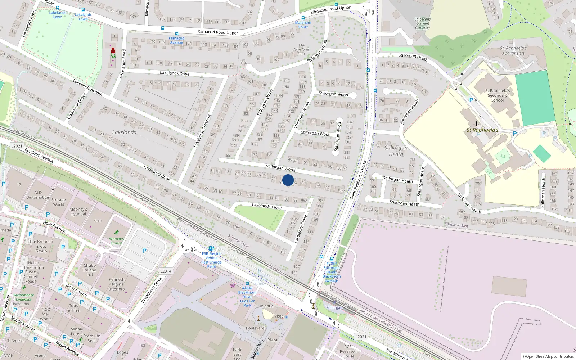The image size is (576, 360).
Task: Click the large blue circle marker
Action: point(288,180)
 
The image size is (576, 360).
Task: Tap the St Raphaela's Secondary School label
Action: point(497,95)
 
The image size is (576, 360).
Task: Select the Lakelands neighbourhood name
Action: point(124,132)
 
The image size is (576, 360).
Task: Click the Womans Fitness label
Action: point(116,241)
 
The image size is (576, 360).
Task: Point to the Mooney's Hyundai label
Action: point(78,211)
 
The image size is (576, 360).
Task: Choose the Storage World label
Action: point(58,202)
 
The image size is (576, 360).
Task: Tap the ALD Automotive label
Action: point(38,195)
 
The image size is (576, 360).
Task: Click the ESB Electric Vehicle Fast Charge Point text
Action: point(212,260)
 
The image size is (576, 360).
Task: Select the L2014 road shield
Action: point(166,271)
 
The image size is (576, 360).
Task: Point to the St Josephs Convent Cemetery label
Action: point(422,23)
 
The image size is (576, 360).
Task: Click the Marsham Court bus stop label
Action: point(303,24)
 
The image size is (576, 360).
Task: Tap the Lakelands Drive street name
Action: point(175,73)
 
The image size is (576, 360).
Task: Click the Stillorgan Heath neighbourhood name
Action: point(396,150)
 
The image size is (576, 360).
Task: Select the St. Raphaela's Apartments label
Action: point(513,50)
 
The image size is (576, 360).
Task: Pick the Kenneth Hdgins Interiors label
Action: point(117,284)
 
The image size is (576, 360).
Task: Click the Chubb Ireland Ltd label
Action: point(90,270)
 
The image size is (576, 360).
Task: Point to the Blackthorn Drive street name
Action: point(151,290)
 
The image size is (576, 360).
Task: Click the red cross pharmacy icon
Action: point(113,51)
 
